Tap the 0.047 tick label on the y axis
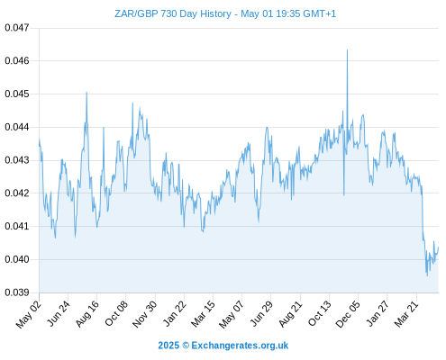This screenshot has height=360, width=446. coord(17,28)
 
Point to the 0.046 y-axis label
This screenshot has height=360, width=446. coord(17,61)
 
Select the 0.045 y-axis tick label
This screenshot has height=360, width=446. coord(17,94)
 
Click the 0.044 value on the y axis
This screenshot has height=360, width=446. coord(17,127)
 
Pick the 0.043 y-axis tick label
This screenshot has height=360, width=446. coord(17,160)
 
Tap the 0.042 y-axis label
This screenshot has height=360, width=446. coord(17,193)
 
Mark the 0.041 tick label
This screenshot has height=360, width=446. coord(17,226)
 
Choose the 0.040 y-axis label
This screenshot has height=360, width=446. coord(17,259)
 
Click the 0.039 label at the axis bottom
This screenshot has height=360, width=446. coord(17,292)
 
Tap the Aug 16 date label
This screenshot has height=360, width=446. coord(86,314)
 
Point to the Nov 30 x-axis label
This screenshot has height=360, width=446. coord(145,314)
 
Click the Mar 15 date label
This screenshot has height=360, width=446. coord(204,314)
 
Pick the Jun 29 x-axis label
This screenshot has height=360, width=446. coord(261,314)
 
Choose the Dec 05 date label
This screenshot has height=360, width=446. coord(348,314)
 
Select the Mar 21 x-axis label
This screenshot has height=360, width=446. coord(406,314)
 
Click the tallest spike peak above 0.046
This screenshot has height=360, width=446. coord(347,50)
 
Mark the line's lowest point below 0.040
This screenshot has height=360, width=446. coord(427,275)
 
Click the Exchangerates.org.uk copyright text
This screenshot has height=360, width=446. coord(223,346)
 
